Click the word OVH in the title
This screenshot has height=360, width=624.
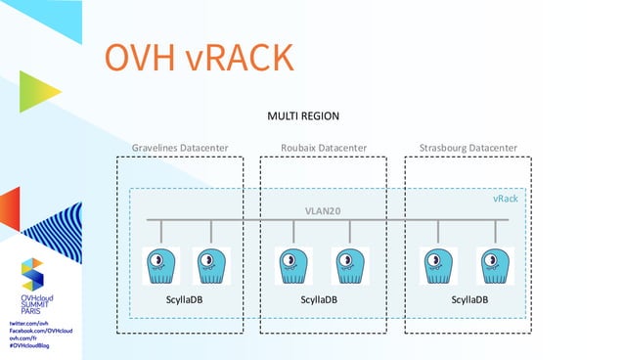[139, 58]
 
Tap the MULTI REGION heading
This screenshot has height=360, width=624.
[303, 117]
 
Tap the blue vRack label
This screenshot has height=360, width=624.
[505, 199]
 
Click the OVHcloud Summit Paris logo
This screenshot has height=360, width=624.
[33, 284]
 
